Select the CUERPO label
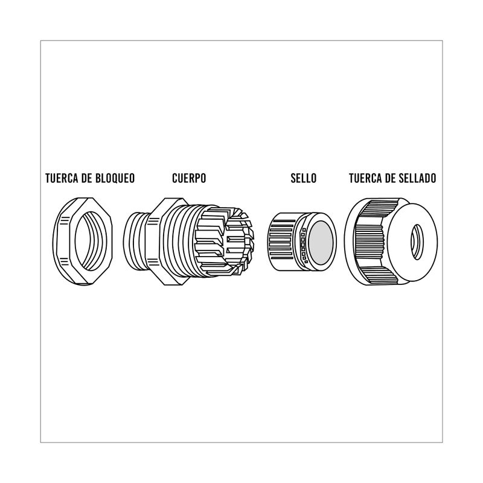point(189,178)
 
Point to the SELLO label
point(304,178)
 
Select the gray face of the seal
point(321,243)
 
